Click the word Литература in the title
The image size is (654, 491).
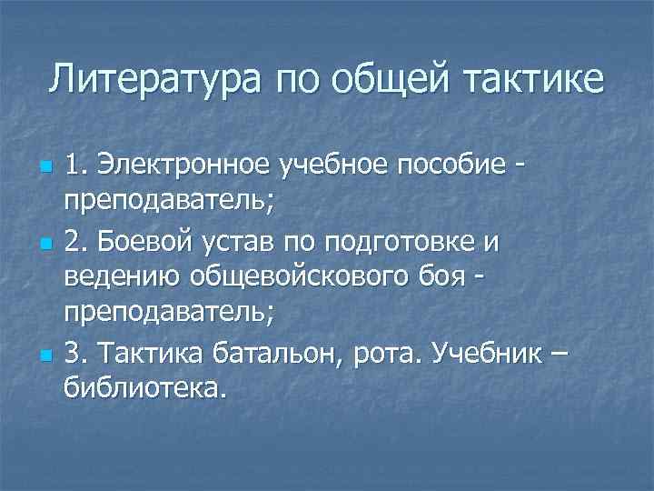pos(157,78)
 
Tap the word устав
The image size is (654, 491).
pos(243,245)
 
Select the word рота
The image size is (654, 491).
pos(400,350)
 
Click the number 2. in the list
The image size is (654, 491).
pos(75,245)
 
